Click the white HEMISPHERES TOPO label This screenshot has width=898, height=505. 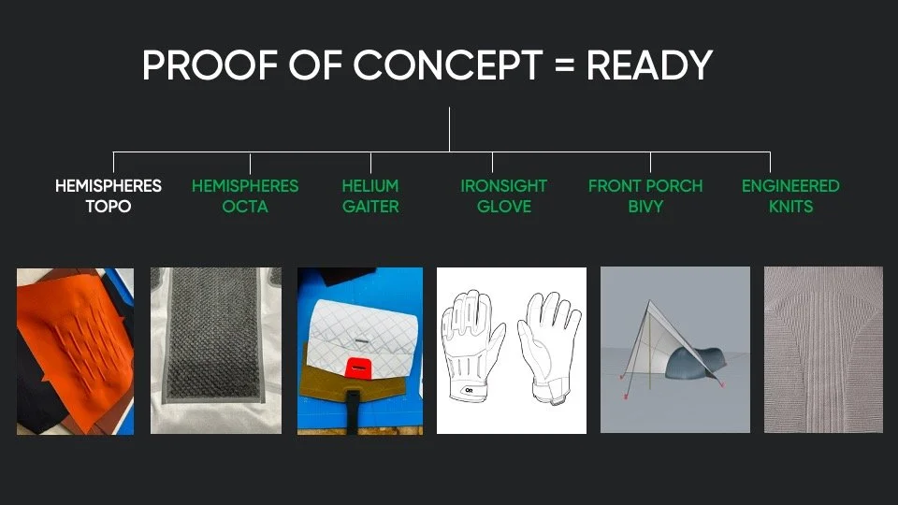pyautogui.click(x=108, y=195)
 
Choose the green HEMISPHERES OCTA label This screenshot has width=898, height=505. pyautogui.click(x=245, y=195)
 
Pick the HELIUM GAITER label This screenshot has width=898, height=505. pyautogui.click(x=370, y=195)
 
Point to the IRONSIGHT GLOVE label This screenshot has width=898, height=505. pyautogui.click(x=503, y=195)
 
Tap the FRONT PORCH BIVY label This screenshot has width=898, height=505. pyautogui.click(x=645, y=195)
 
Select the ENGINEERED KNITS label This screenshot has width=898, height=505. pyautogui.click(x=790, y=195)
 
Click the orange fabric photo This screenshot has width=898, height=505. pyautogui.click(x=75, y=350)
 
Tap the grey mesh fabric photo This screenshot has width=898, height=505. pyautogui.click(x=216, y=350)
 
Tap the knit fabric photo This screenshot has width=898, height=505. pyautogui.click(x=823, y=350)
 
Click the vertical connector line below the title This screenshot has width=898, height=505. pyautogui.click(x=449, y=129)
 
